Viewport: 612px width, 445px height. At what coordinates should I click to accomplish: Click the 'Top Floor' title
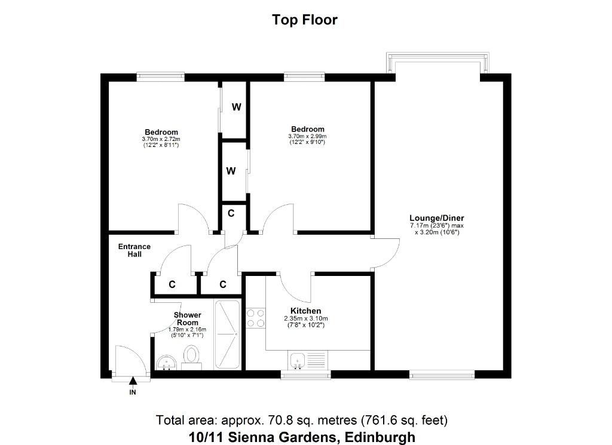coord(304,20)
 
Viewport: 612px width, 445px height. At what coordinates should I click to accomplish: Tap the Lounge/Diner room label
coord(436,218)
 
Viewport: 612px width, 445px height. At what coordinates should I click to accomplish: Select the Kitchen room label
coord(305,311)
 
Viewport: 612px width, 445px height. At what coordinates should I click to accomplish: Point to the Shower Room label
coord(187,318)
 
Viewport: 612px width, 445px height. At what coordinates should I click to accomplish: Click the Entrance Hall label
coord(134,250)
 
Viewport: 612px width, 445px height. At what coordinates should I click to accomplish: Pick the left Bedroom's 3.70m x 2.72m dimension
coord(161,139)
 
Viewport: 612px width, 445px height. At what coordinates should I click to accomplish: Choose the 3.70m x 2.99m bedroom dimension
coord(307,136)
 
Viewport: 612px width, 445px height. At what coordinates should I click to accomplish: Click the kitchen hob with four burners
coord(256,318)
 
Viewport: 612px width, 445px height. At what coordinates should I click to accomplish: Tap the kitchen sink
coord(298,360)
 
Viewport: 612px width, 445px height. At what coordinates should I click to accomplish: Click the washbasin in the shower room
coord(166,363)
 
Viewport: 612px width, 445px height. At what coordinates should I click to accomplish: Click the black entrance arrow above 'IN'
coord(133,380)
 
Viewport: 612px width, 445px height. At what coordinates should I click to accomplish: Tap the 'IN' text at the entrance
coord(133,392)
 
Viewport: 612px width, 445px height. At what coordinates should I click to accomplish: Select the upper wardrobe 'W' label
coord(236,107)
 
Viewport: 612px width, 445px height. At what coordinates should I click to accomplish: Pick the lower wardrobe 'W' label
coord(231,171)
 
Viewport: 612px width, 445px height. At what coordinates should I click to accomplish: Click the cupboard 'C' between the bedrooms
coord(231,213)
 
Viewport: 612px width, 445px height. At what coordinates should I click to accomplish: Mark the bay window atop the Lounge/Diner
coord(437,63)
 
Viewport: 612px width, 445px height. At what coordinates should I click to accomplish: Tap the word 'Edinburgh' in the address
coord(380,437)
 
